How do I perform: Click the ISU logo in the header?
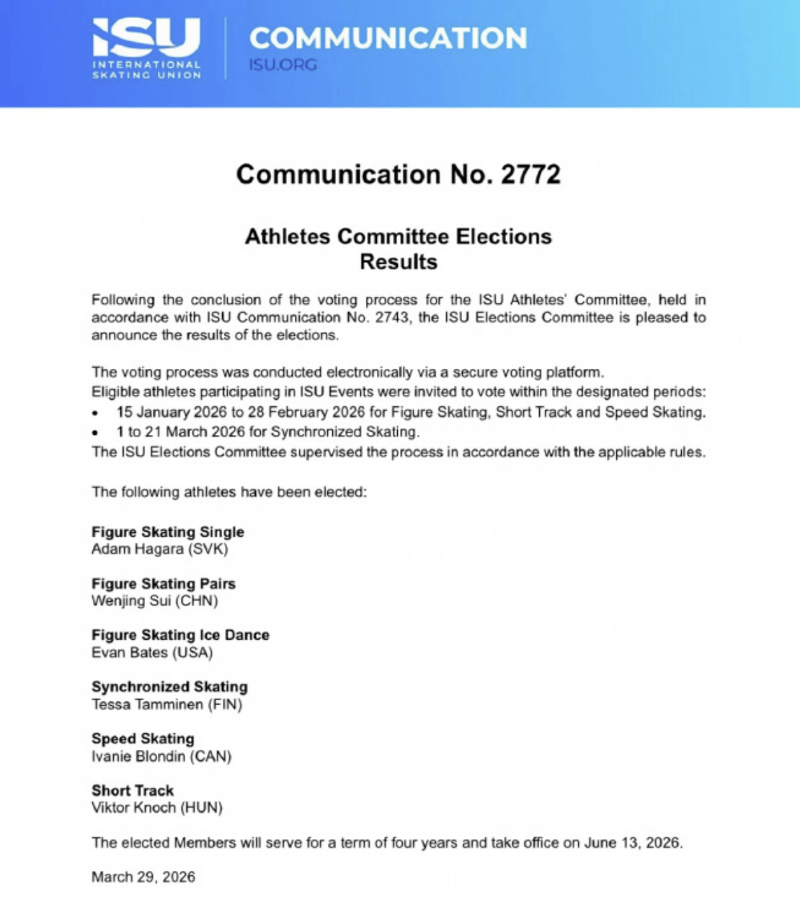click(146, 48)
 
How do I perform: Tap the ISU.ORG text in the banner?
click(283, 65)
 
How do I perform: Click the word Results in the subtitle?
click(399, 261)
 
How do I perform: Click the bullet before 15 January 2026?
click(96, 413)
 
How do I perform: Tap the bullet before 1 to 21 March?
click(96, 433)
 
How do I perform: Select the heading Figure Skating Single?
click(168, 532)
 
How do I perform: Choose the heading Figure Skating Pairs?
click(164, 583)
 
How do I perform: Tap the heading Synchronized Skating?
click(169, 686)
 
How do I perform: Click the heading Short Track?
click(133, 790)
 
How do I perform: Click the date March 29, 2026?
click(143, 877)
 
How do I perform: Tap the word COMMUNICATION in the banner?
click(388, 38)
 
